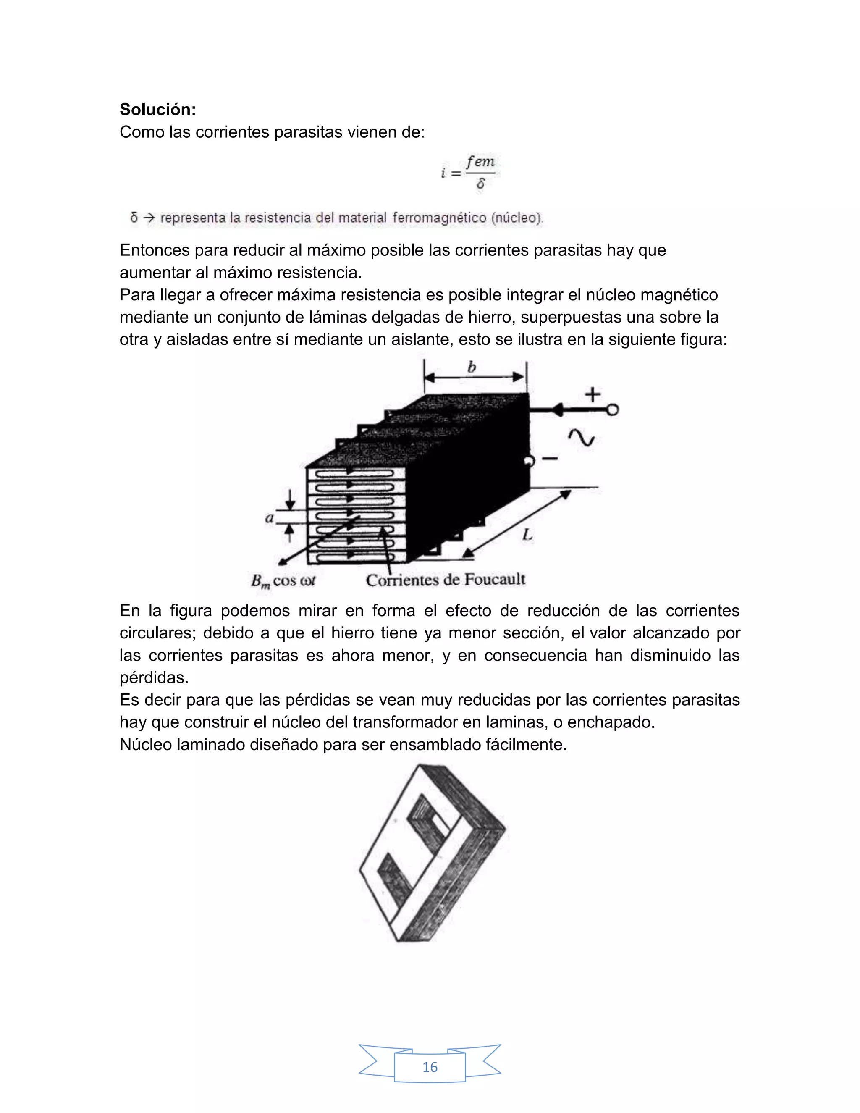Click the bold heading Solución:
pos(157,110)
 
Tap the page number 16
pos(430,1067)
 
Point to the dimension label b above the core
pos(472,367)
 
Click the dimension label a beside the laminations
pos(270,518)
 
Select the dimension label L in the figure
pos(527,535)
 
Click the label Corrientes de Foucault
pos(445,580)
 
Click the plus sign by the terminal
pos(592,394)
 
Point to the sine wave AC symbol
pos(581,437)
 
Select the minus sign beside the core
pos(550,459)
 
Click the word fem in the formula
pos(480,162)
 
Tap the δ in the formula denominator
pos(480,184)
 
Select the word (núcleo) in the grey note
pos(517,218)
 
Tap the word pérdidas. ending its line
pos(154,678)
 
